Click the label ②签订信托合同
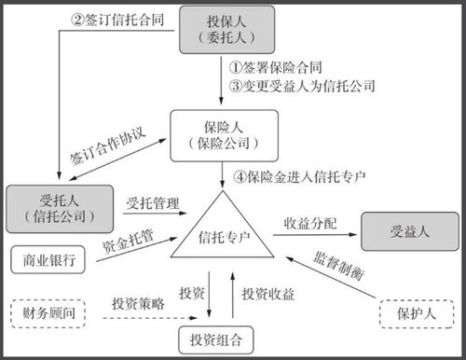coord(120,18)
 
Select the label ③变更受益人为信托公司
coord(304,86)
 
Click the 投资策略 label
coord(141,303)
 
